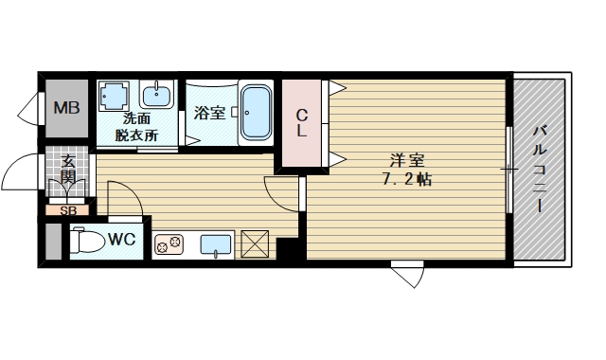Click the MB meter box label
(x=66, y=107)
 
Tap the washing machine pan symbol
(x=114, y=95)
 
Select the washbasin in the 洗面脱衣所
(x=156, y=95)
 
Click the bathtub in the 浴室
(x=256, y=113)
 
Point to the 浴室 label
(x=209, y=113)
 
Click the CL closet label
(x=302, y=123)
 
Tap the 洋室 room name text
(x=407, y=160)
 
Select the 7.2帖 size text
(x=407, y=179)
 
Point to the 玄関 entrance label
(x=69, y=169)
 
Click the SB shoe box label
(x=68, y=211)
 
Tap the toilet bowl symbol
(x=88, y=243)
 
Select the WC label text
(x=121, y=240)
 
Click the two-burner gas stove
(x=169, y=244)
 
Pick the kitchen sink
(x=216, y=244)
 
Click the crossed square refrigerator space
(x=255, y=243)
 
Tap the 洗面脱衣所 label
(x=136, y=127)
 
